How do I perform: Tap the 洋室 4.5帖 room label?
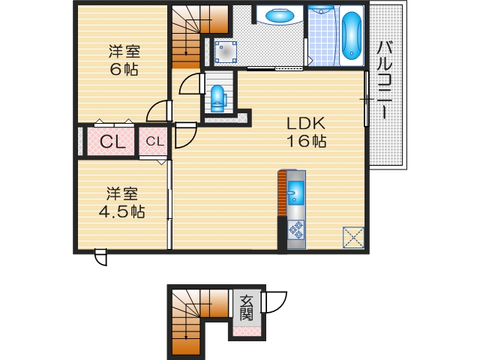point(122,202)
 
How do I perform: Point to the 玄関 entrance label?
point(246,307)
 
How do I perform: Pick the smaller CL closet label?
point(154,141)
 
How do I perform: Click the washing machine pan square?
point(226,51)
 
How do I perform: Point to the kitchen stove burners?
point(295,232)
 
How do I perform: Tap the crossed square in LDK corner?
point(353,237)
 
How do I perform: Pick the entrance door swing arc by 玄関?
point(274,303)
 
